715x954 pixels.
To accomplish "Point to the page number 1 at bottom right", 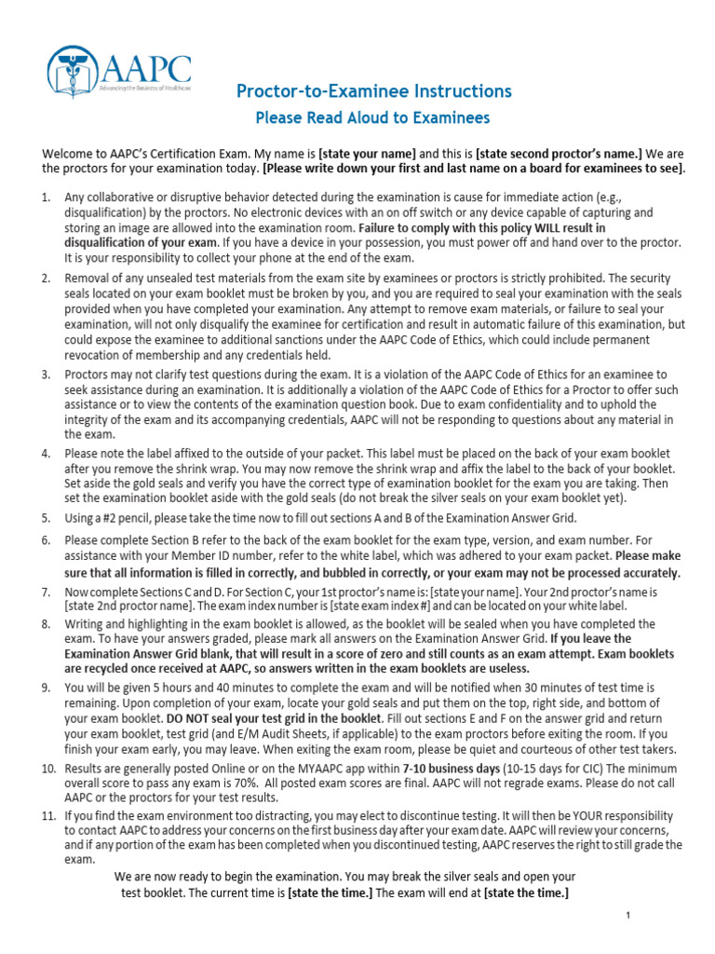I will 628,917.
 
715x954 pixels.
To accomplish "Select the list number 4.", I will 46,454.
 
